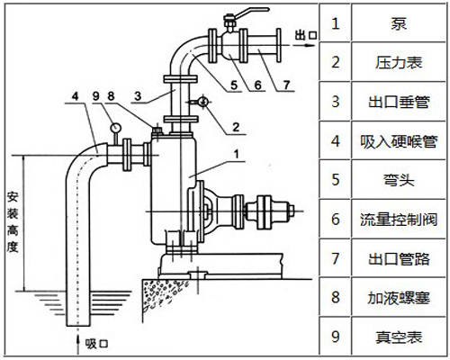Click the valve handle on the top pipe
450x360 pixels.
[236, 13]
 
